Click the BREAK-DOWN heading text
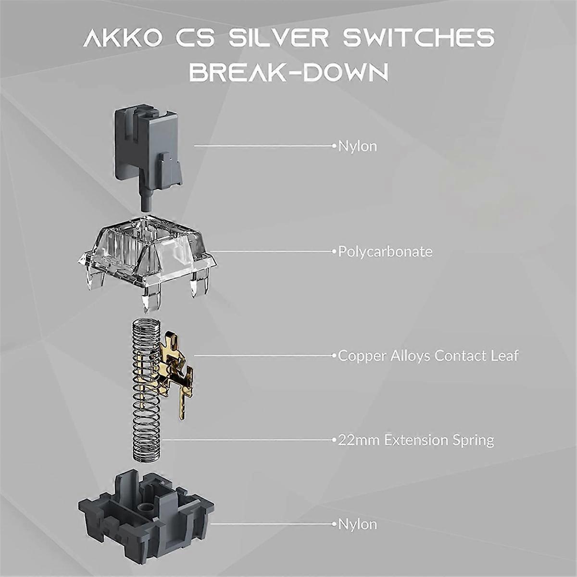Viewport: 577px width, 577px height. coord(289,71)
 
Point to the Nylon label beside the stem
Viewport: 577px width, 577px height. coord(358,147)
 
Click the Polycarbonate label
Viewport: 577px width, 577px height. coord(385,252)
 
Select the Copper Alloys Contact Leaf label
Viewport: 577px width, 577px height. coord(428,356)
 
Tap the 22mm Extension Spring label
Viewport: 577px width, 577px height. coord(416,440)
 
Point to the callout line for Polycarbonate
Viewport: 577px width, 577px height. coord(273,252)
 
